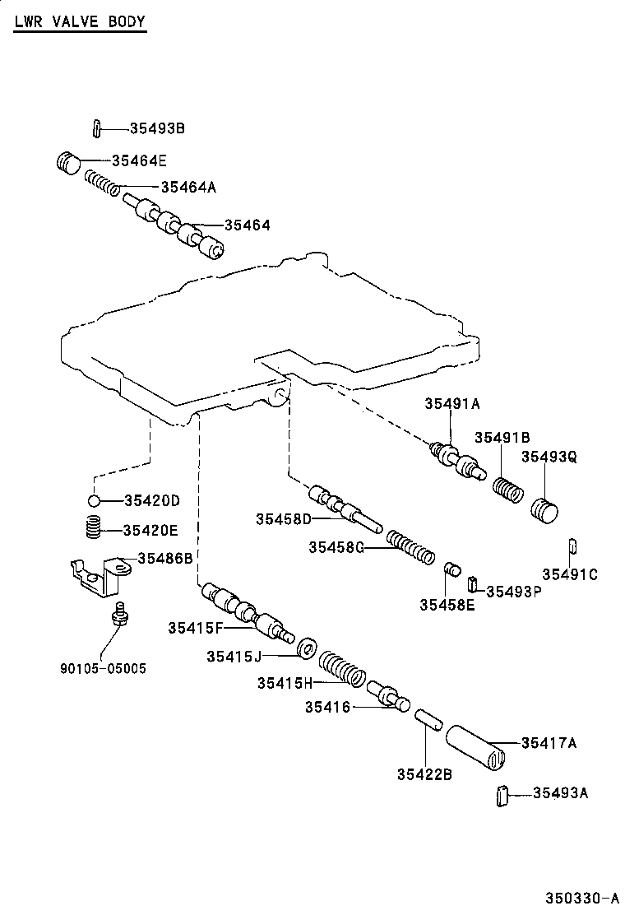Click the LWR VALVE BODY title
pos(79,22)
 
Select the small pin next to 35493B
pos(96,128)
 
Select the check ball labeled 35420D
pos(95,500)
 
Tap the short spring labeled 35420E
pos(95,527)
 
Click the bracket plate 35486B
pos(100,573)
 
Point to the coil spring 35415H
pos(341,668)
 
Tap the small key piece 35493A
pos(502,797)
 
